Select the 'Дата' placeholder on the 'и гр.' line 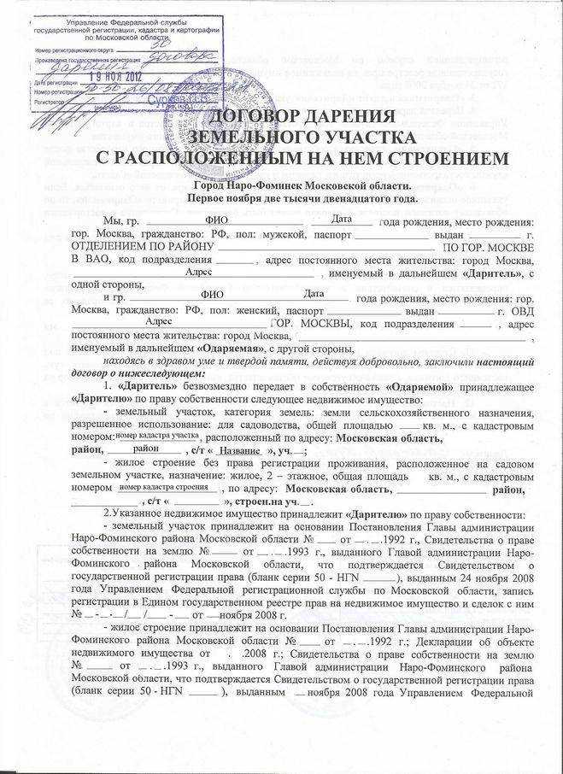[315, 294]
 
